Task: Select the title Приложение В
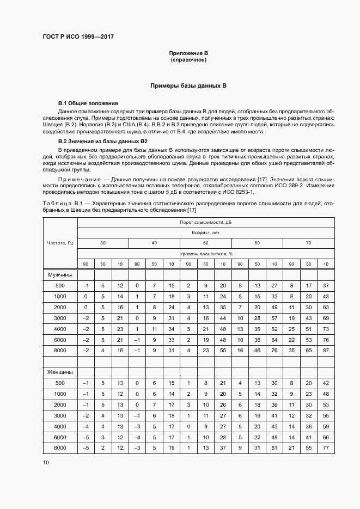tap(188, 53)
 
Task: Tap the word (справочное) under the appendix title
tap(188, 60)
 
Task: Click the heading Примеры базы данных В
tap(188, 86)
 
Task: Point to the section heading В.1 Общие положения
tap(88, 103)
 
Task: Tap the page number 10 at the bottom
tap(46, 462)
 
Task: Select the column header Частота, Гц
tap(60, 243)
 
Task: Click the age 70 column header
tap(309, 243)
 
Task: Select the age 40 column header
tap(154, 243)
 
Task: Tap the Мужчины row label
tap(61, 275)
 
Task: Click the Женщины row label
tap(61, 372)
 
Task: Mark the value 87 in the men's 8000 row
tap(326, 350)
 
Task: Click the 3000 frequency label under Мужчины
tap(60, 318)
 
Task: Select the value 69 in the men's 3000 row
tap(326, 318)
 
